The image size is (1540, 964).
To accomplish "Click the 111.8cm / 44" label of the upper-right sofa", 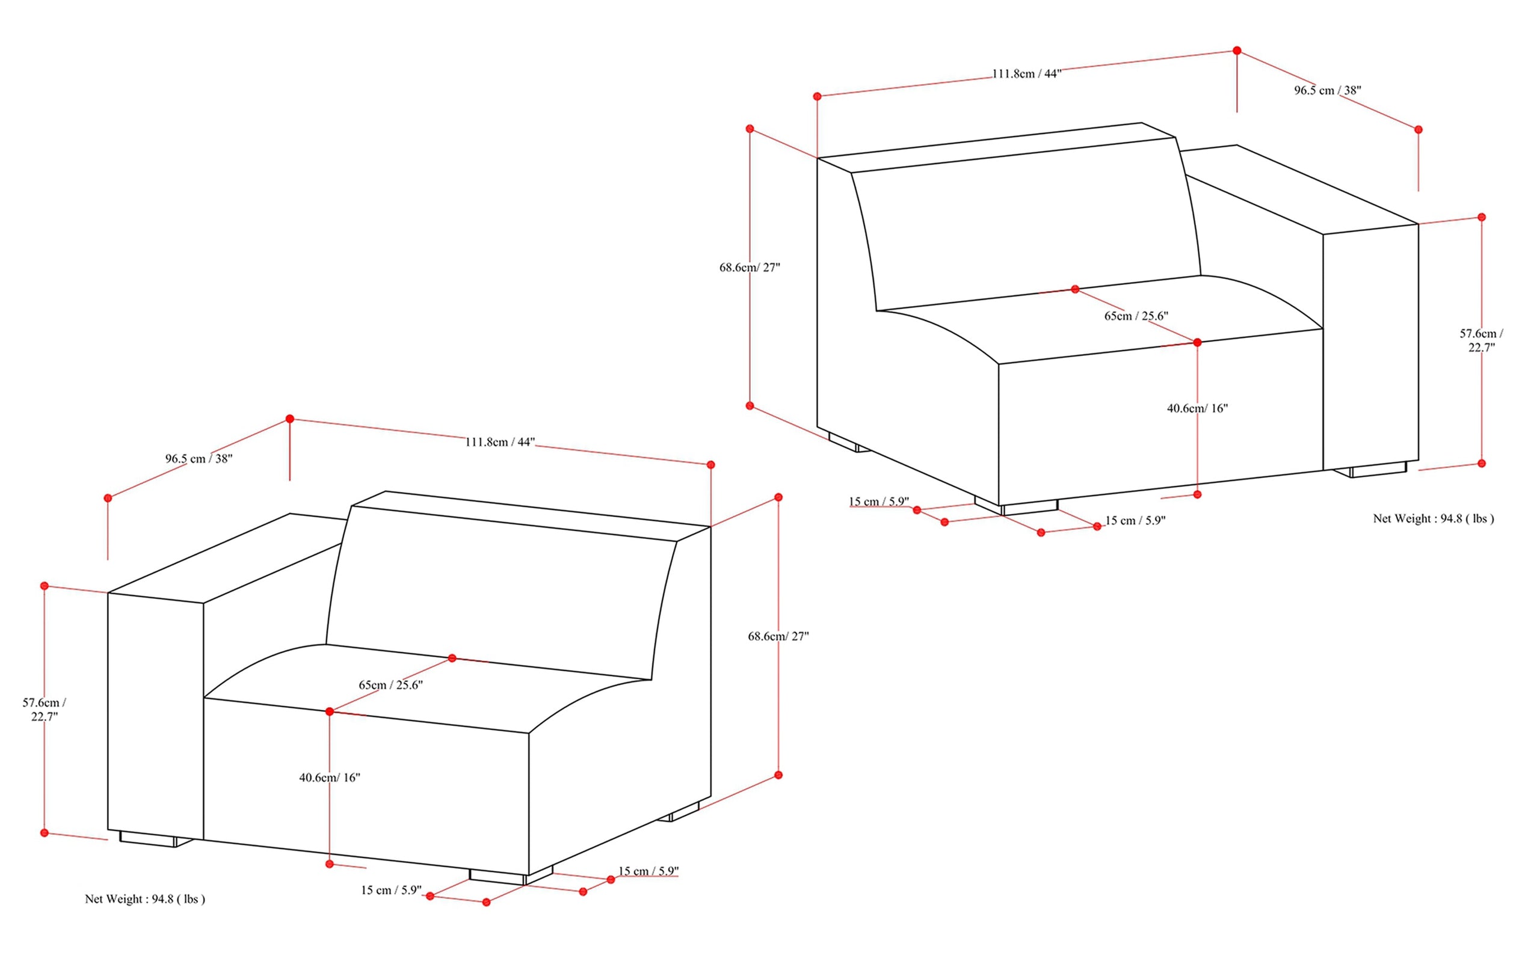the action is click(x=1026, y=74).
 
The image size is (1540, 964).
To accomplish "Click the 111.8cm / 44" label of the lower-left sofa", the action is click(x=500, y=442).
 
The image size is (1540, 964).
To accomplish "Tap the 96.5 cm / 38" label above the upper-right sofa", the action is click(x=1327, y=91).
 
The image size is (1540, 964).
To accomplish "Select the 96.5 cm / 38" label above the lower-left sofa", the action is click(x=199, y=458).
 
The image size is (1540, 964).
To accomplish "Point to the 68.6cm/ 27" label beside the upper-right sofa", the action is click(x=750, y=268).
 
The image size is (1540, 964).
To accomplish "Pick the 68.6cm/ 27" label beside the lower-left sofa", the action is click(x=778, y=636).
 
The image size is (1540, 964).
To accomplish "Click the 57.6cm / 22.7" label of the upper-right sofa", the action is click(x=1481, y=340).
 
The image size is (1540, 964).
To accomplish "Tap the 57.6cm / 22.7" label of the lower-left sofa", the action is click(x=44, y=709).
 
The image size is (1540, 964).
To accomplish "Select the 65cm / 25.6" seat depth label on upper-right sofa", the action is click(x=1136, y=316).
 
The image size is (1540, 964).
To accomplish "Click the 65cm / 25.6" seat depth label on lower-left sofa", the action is click(x=390, y=686).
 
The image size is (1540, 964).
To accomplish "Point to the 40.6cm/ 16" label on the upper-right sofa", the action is click(x=1197, y=409).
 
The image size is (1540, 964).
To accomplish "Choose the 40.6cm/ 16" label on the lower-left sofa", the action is click(x=330, y=777).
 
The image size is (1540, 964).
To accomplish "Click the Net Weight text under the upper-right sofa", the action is click(x=1434, y=519).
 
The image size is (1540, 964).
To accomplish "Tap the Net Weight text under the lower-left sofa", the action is click(x=146, y=899).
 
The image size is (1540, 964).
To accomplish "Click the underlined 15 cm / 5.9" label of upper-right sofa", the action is click(x=879, y=502).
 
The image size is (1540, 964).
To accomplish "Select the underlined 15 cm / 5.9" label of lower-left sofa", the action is click(x=648, y=871).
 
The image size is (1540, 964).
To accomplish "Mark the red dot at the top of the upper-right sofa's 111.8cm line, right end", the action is click(x=1237, y=51).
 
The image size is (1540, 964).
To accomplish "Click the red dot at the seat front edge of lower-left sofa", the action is click(x=330, y=711).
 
